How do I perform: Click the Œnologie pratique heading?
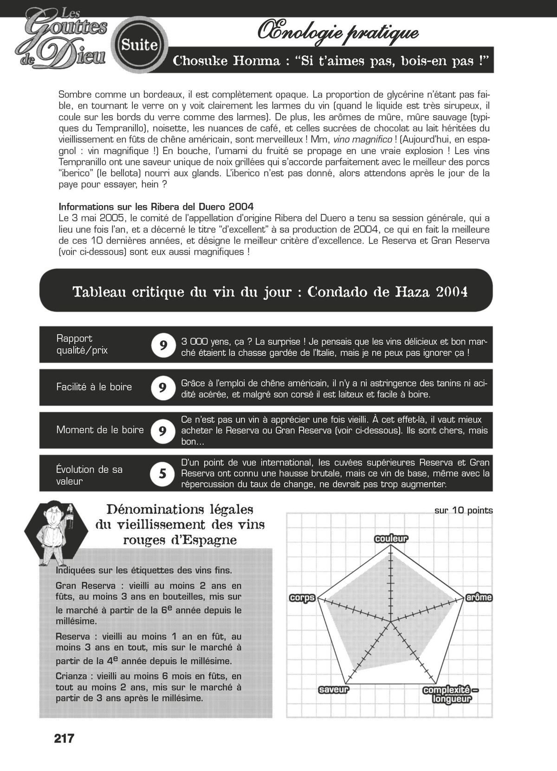click(x=338, y=32)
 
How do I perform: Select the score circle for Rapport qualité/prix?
click(x=163, y=345)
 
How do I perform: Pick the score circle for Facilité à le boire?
click(x=163, y=388)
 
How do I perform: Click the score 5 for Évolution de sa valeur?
click(x=163, y=474)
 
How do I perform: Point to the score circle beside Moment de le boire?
click(x=163, y=431)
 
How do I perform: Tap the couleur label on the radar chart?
click(x=391, y=538)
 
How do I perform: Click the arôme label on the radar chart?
click(x=479, y=597)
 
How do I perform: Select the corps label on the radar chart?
click(x=302, y=598)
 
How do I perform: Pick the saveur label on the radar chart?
click(x=334, y=689)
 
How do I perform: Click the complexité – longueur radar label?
click(x=451, y=694)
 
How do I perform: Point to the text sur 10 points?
click(x=463, y=511)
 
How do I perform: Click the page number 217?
click(x=64, y=739)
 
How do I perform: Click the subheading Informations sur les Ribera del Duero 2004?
click(x=156, y=207)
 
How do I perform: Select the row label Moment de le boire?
click(x=100, y=430)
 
